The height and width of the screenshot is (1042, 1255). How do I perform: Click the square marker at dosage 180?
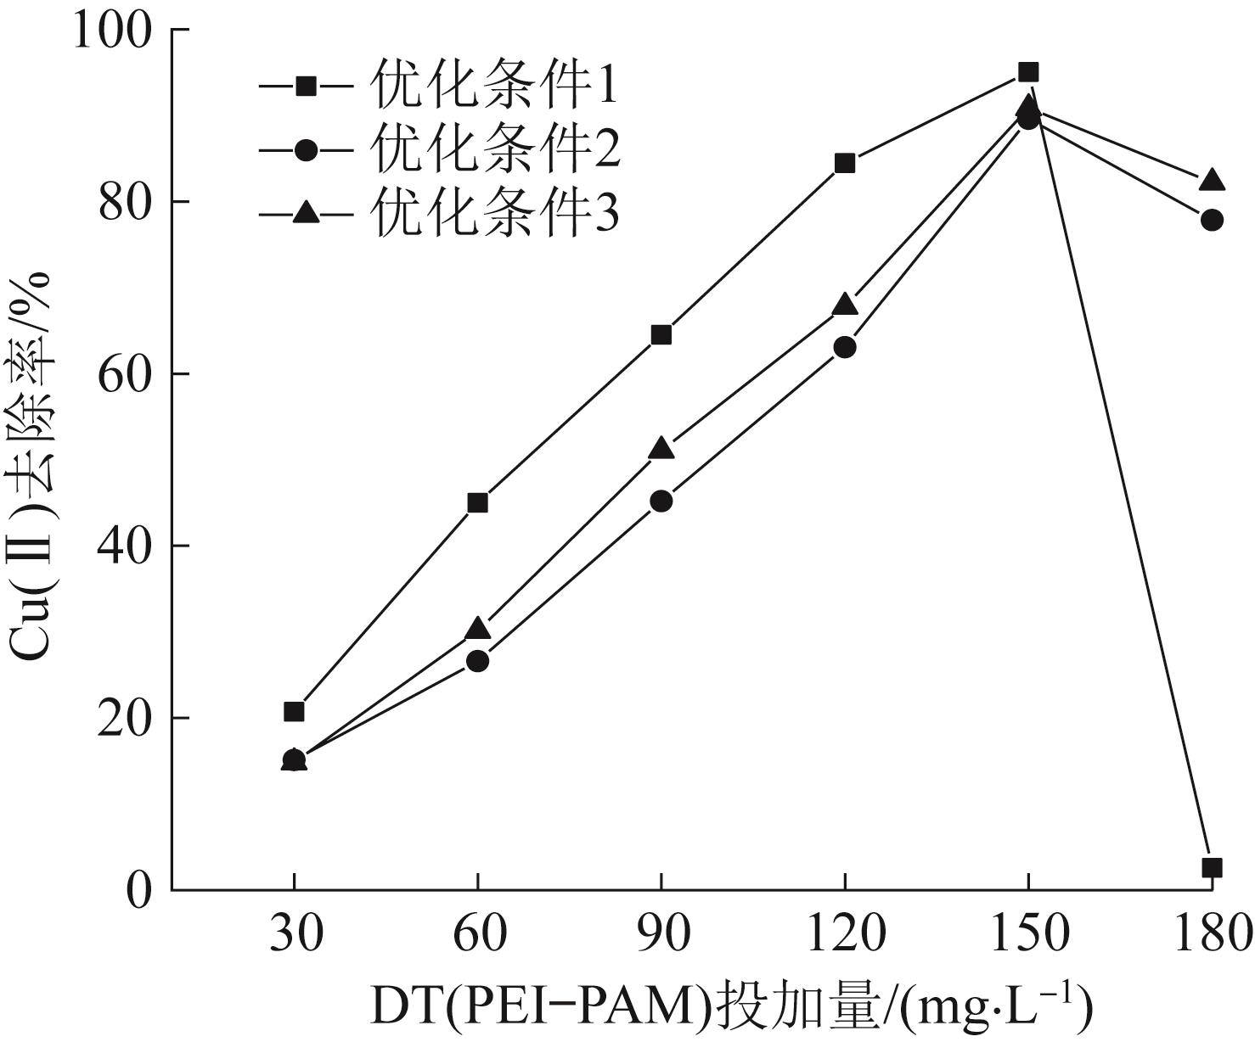(x=1212, y=867)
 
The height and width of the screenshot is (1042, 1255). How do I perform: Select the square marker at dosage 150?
(x=1028, y=72)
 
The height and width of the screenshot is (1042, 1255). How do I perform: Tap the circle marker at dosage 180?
(x=1212, y=220)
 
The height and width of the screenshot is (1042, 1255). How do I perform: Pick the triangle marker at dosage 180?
(x=1212, y=181)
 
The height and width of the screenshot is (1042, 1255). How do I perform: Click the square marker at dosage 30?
(x=294, y=711)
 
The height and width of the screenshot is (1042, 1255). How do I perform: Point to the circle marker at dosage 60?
(x=477, y=661)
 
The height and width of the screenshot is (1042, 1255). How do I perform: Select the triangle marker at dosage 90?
(x=661, y=449)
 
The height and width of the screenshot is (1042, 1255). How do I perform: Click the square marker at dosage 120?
(x=845, y=163)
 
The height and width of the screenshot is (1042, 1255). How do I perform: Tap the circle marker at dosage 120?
(x=845, y=347)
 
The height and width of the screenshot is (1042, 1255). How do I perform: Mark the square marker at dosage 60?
(x=477, y=502)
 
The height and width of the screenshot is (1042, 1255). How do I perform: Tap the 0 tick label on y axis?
(x=138, y=891)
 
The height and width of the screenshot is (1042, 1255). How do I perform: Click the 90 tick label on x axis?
(x=661, y=934)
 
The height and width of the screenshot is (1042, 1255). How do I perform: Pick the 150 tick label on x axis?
(x=1028, y=934)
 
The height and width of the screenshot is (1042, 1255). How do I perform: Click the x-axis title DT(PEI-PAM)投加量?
(x=730, y=1005)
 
